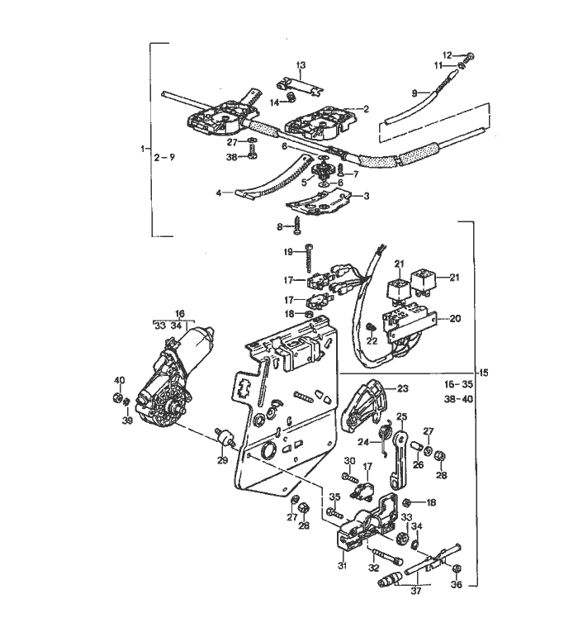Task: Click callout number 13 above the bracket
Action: (x=301, y=64)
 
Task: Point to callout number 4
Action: (x=219, y=193)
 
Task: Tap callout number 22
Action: (x=372, y=340)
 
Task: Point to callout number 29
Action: (x=221, y=460)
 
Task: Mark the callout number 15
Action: (x=485, y=373)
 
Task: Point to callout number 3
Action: (x=366, y=196)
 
